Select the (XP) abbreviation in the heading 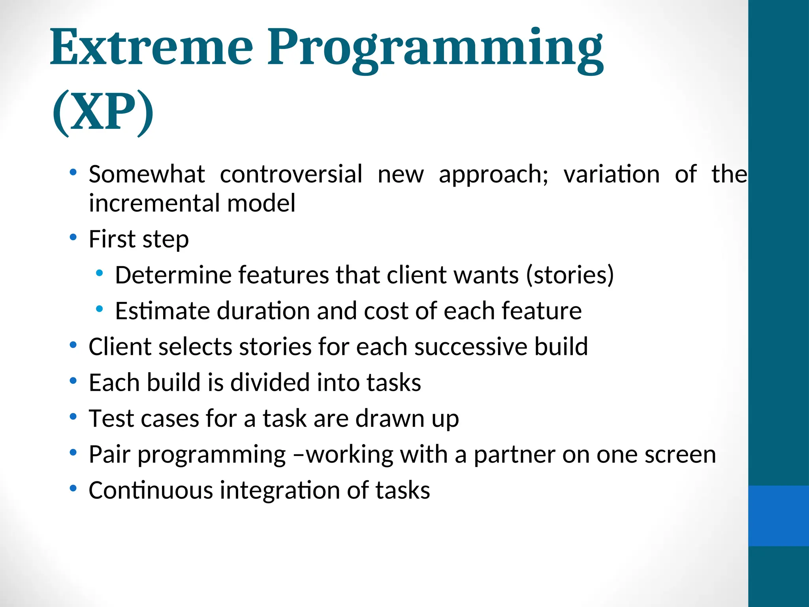tap(103, 113)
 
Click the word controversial tap(291, 174)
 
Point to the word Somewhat tap(147, 174)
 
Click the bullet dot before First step tap(73, 238)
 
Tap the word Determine tap(173, 275)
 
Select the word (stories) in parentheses tap(570, 275)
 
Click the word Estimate tap(162, 311)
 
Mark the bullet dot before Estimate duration tap(99, 309)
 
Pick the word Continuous tap(151, 491)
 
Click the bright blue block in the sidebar tap(778, 516)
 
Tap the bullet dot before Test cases tap(73, 417)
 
